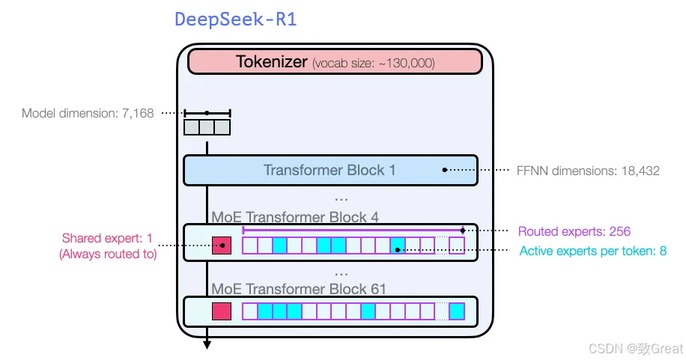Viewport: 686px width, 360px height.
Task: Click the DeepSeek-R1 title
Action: [x=236, y=19]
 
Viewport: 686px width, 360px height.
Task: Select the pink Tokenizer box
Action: [x=335, y=62]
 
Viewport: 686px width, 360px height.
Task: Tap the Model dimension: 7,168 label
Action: [x=88, y=114]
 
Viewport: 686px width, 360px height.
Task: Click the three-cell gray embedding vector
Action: [x=207, y=127]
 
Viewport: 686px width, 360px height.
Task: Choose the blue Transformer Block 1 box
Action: [x=330, y=170]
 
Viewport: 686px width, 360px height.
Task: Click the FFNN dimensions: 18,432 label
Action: [x=589, y=171]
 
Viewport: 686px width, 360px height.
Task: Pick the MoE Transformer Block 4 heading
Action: [x=295, y=218]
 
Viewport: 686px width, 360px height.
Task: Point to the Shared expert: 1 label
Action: [x=107, y=239]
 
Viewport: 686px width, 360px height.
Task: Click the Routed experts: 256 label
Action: [x=574, y=231]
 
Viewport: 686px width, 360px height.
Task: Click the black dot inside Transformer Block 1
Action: [x=445, y=170]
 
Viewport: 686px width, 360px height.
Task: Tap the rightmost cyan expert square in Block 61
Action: [x=457, y=311]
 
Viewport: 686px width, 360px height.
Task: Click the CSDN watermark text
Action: [x=636, y=349]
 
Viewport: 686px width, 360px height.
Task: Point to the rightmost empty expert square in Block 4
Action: [x=457, y=245]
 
